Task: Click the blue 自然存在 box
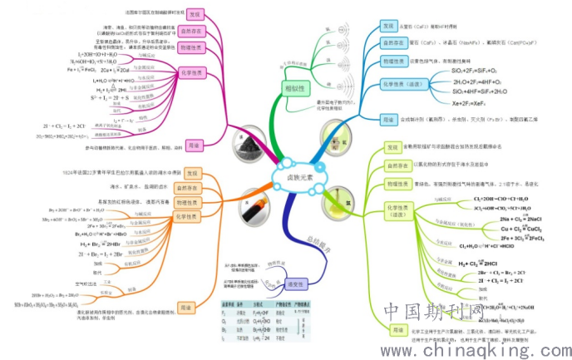[393, 42]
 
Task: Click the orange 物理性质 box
[191, 201]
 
